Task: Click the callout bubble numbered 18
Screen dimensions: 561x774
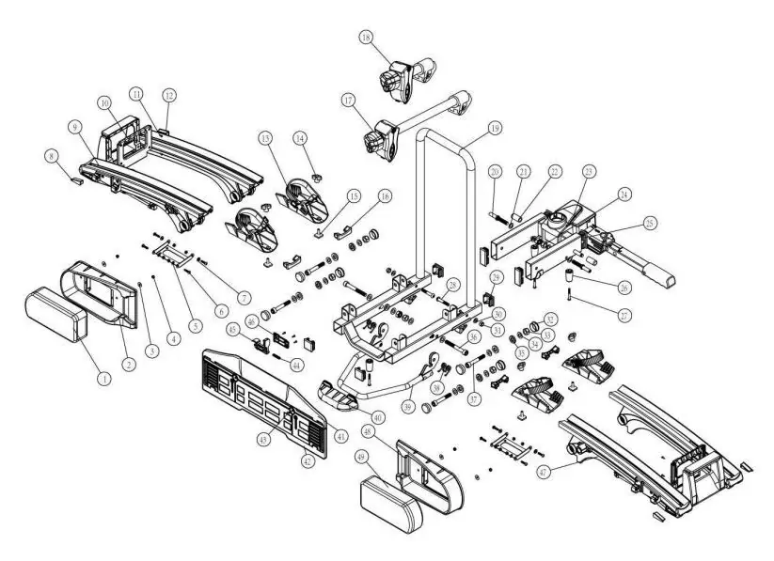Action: tap(367, 38)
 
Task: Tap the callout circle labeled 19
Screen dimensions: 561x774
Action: tap(494, 128)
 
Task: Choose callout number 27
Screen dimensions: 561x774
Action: tap(624, 313)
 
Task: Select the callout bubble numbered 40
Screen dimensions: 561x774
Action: tap(377, 416)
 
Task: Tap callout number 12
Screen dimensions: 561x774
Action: tap(169, 95)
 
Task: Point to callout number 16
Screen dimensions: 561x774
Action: tap(384, 196)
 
